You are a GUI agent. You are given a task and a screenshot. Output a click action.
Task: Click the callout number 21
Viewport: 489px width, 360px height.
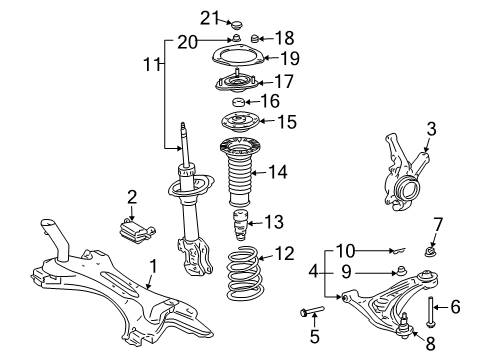pos(208,16)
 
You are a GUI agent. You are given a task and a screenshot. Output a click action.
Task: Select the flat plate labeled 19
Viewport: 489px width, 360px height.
pos(238,57)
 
